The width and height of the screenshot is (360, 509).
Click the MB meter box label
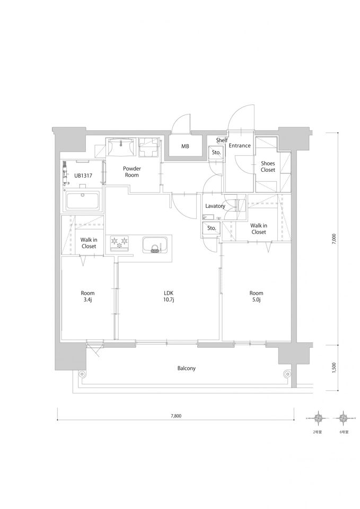click(x=185, y=146)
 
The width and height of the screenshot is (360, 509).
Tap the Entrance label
click(x=240, y=145)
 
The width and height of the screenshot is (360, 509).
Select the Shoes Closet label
click(x=268, y=166)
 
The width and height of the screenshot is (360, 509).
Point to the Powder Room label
click(x=132, y=172)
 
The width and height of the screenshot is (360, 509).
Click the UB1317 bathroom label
click(x=83, y=175)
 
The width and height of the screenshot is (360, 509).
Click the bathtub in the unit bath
click(x=83, y=200)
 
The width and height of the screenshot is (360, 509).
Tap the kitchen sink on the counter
click(x=155, y=245)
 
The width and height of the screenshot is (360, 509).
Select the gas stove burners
click(x=119, y=243)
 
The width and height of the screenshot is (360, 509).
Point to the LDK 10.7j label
click(x=169, y=296)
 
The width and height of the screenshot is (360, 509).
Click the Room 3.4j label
click(x=87, y=296)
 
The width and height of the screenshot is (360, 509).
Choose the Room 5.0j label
click(x=257, y=296)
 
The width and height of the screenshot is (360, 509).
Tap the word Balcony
click(x=187, y=368)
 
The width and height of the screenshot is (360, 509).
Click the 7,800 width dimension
click(x=175, y=416)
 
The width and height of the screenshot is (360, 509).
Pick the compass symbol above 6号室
click(x=344, y=417)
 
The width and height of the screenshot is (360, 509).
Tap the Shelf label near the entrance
click(x=222, y=140)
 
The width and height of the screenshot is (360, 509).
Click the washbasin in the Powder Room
click(x=120, y=146)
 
